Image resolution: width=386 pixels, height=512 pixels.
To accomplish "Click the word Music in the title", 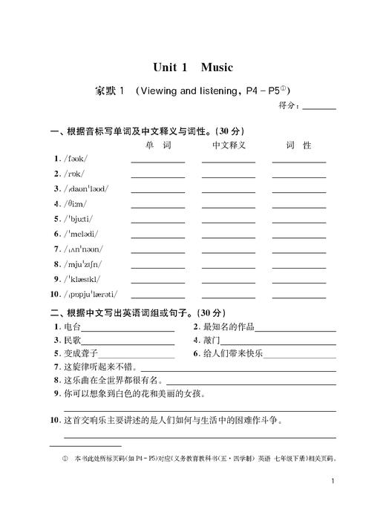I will click(217, 68).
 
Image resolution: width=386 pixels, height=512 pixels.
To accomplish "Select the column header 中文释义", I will click(229, 145).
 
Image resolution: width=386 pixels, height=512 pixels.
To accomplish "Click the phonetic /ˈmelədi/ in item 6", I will click(81, 234).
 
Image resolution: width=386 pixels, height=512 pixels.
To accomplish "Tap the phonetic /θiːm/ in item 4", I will click(75, 203).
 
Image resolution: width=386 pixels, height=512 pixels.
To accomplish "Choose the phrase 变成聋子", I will click(81, 353).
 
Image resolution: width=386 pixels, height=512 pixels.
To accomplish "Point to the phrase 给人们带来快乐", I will click(233, 353).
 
